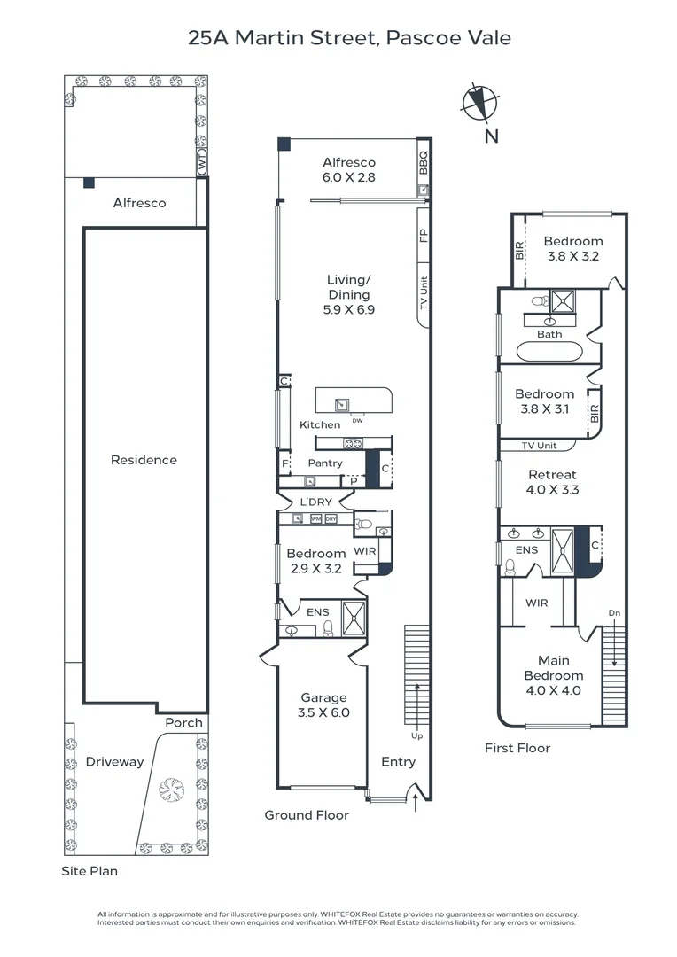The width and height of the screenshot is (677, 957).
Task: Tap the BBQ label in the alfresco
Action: pos(424,164)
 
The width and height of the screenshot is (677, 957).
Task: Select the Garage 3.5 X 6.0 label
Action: pos(323,704)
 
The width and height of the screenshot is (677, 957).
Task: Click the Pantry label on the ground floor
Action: pos(324,463)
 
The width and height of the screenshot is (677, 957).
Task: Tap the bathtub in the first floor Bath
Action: pos(549,352)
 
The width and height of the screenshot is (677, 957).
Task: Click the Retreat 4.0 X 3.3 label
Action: pos(552,481)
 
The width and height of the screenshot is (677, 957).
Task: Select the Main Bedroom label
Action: pos(553,675)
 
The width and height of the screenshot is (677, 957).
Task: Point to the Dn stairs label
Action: pos(613,613)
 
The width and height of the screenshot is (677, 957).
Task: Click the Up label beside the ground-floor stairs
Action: pos(416,735)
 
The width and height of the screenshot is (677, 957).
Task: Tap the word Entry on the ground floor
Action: pos(398,762)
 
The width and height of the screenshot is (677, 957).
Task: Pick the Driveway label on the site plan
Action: pos(114,762)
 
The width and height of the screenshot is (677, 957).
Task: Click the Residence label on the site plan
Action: pos(144,460)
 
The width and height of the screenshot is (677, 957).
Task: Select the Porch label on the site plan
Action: pos(183,722)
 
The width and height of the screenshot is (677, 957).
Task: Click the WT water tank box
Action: pos(202,164)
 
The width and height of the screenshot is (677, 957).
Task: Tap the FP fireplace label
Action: pos(424,236)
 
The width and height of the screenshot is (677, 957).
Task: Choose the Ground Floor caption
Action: pos(307,815)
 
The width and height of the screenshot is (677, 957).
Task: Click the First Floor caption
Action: pos(517,748)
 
